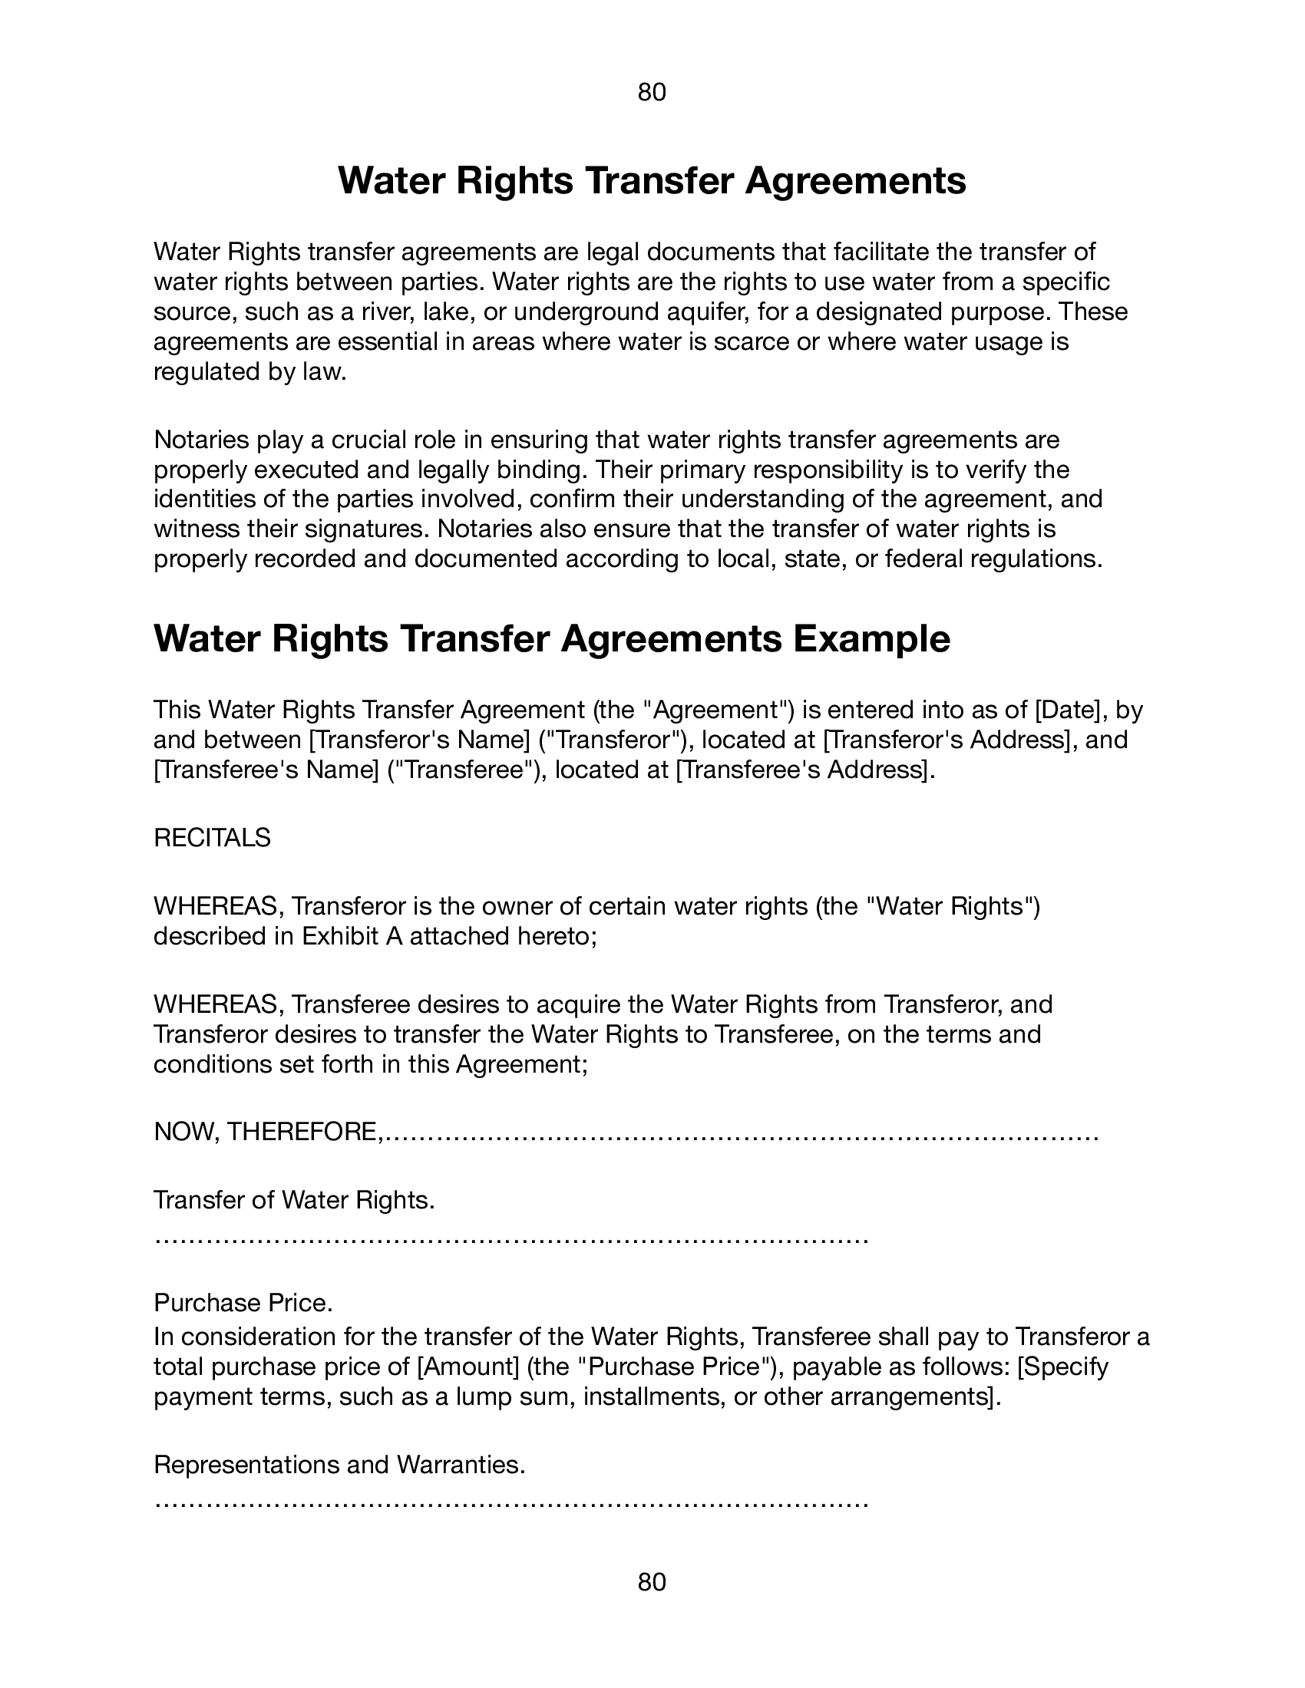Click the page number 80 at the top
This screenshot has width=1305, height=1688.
[652, 93]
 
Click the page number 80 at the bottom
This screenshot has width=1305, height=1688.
[652, 1582]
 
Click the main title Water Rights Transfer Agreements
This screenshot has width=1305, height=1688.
[652, 180]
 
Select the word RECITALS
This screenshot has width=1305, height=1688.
[212, 838]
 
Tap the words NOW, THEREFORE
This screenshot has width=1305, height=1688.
[266, 1132]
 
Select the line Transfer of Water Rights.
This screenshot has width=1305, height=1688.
[294, 1200]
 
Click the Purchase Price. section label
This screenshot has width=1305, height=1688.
[243, 1303]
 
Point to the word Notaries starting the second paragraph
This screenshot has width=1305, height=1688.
[201, 440]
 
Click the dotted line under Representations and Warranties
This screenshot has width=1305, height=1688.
[510, 1503]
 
